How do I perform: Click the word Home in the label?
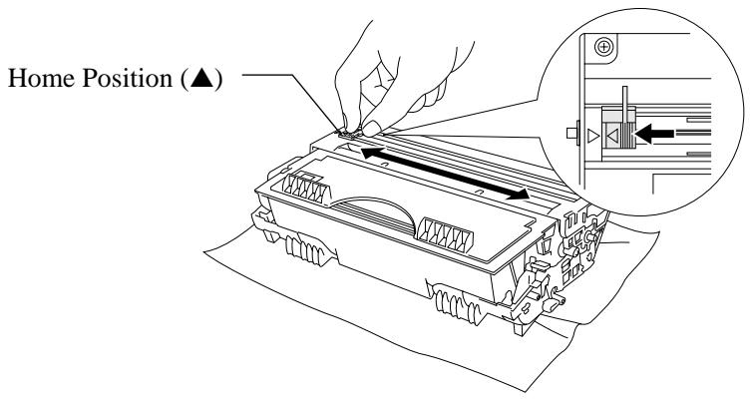pyautogui.click(x=41, y=78)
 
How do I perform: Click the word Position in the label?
pyautogui.click(x=127, y=78)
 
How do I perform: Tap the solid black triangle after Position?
pyautogui.click(x=201, y=78)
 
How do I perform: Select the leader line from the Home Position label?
pyautogui.click(x=292, y=101)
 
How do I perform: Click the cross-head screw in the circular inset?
pyautogui.click(x=603, y=47)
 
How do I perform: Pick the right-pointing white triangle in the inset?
pyautogui.click(x=593, y=137)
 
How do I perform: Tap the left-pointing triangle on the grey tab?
pyautogui.click(x=612, y=136)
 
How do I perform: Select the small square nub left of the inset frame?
pyautogui.click(x=572, y=133)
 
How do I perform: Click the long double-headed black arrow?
pyautogui.click(x=445, y=174)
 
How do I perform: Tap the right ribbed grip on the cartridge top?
pyautogui.click(x=446, y=233)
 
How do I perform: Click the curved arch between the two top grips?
pyautogui.click(x=374, y=200)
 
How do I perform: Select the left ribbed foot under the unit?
pyautogui.click(x=304, y=249)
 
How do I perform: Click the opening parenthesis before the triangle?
pyautogui.click(x=186, y=79)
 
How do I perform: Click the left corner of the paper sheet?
pyautogui.click(x=206, y=252)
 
